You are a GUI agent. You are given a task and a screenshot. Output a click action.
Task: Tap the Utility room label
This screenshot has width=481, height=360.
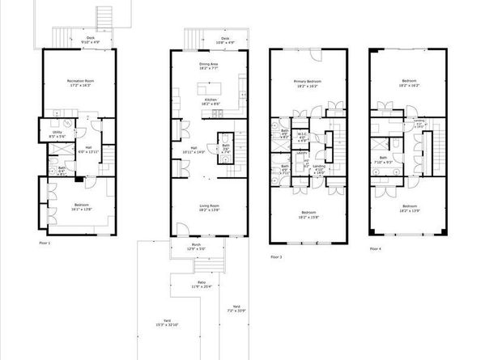coord(57,133)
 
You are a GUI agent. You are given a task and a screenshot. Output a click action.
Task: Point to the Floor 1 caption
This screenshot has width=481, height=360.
coord(45,242)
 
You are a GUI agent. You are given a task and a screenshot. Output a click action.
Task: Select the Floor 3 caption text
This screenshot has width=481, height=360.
coord(276,256)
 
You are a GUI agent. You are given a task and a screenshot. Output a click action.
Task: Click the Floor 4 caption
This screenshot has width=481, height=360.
coord(375,249)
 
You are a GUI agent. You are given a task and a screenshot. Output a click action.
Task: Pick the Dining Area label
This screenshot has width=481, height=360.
coord(211,66)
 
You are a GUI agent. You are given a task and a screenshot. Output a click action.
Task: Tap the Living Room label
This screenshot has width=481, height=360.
coord(211,208)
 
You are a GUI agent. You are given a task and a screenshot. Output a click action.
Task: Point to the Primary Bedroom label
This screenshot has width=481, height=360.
coord(308,83)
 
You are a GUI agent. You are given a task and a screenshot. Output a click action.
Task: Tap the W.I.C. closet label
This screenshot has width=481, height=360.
coord(301,136)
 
